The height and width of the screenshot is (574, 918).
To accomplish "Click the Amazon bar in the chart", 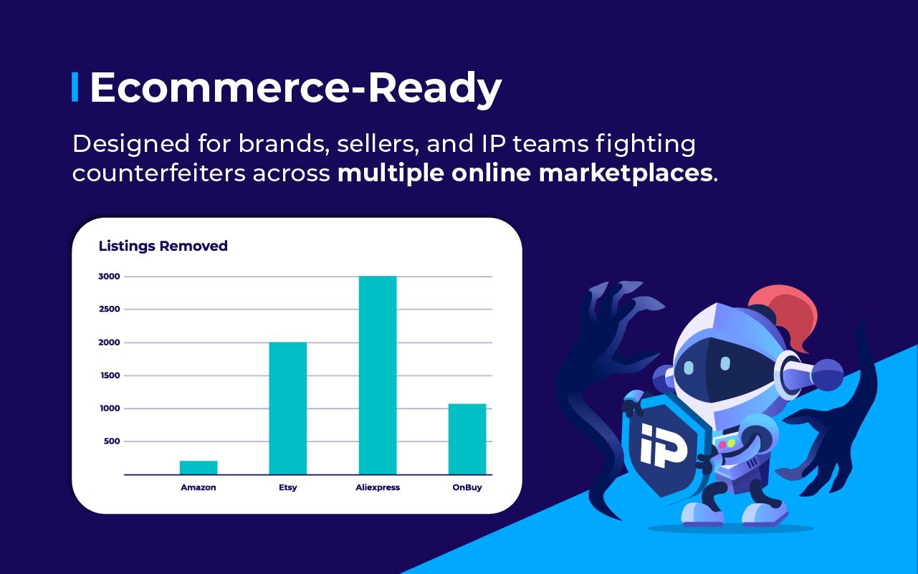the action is point(199,467).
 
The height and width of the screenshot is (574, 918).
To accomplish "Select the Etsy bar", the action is point(287,408).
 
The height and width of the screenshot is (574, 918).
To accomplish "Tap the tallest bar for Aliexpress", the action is point(378,376).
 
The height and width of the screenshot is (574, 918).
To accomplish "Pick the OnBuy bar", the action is point(467,439).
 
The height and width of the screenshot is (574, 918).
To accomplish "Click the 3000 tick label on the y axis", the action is point(109,277).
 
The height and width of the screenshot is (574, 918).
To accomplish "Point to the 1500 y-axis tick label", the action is point(110,376).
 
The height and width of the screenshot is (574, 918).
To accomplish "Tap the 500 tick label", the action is point(112,441).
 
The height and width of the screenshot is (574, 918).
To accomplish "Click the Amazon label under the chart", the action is point(199,487).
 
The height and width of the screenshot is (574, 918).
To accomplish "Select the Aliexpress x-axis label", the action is point(378,487).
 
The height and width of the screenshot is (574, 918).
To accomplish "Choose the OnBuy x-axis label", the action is point(467,487).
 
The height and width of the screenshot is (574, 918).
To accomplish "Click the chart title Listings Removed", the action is point(163,247).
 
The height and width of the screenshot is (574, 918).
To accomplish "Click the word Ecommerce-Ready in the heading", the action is point(295,88).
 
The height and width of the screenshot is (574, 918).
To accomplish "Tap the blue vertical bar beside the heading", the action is point(75,87).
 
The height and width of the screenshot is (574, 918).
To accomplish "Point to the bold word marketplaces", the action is point(626,173).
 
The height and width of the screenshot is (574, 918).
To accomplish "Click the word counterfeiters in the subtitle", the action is point(159,173).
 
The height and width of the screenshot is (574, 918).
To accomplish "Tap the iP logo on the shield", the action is point(663,445).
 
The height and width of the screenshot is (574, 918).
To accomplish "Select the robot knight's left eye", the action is point(689,367).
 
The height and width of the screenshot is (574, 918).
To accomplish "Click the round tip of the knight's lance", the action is point(828,375).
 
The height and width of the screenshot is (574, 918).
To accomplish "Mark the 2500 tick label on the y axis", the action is point(110,310).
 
